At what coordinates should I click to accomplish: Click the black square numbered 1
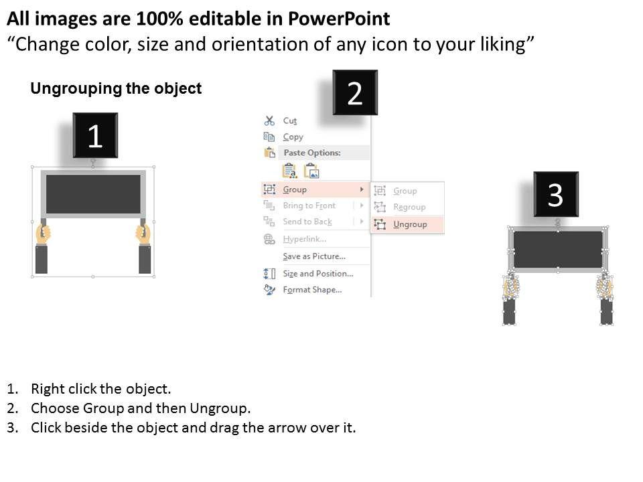[95, 135]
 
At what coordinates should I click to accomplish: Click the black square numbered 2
[355, 92]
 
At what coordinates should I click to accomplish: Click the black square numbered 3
[556, 194]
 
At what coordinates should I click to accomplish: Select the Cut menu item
[289, 121]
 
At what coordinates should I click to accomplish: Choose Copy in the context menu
[293, 137]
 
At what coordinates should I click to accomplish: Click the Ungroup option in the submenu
[410, 224]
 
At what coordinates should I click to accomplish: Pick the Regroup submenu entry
[409, 207]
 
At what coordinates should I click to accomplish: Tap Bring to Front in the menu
[309, 206]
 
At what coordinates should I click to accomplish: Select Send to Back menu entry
[307, 222]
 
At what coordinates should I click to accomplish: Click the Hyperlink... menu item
[305, 239]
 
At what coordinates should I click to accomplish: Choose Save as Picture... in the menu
[314, 256]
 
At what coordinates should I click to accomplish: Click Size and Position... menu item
[317, 273]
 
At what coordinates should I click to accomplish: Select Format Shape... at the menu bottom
[312, 290]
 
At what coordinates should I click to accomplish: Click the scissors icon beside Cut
[269, 120]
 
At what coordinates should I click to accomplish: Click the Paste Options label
[312, 153]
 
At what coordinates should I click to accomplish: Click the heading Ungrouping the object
[116, 88]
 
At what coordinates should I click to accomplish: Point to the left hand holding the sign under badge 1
[43, 234]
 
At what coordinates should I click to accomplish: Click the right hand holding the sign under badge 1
[143, 234]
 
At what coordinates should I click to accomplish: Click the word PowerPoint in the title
[339, 19]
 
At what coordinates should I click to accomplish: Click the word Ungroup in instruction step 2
[218, 408]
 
